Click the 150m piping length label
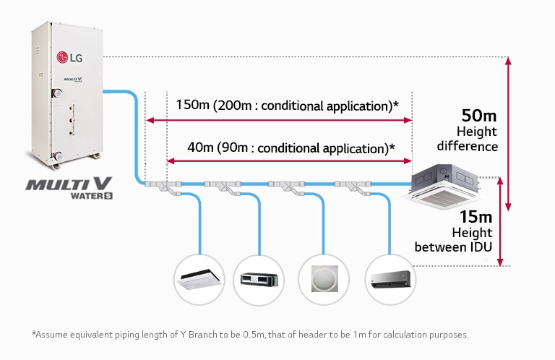click(193, 106)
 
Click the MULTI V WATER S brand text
click(69, 187)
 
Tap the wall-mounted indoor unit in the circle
click(391, 278)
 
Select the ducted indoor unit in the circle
click(259, 278)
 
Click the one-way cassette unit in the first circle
click(199, 278)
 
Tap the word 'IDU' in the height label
click(480, 247)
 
